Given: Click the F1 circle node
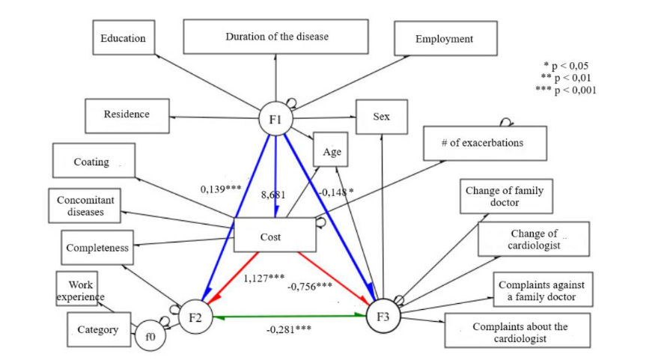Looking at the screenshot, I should [x=275, y=119].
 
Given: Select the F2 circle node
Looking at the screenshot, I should [x=195, y=317].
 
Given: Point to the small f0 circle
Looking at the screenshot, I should [x=150, y=337].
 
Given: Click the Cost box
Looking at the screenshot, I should [x=270, y=236].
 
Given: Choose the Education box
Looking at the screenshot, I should [x=124, y=38].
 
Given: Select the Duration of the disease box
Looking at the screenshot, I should [x=276, y=37].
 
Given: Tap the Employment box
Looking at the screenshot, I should [x=445, y=39].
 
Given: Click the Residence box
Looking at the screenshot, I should [x=127, y=115].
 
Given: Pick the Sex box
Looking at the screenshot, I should [x=381, y=117].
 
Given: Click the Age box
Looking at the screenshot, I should [x=332, y=152].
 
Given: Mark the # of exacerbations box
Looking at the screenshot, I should [x=484, y=143].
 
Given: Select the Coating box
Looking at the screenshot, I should [x=93, y=161].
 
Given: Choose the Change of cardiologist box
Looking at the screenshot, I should [x=534, y=240].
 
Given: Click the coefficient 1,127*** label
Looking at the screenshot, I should [x=264, y=278].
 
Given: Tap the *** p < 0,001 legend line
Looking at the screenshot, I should [x=566, y=90].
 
